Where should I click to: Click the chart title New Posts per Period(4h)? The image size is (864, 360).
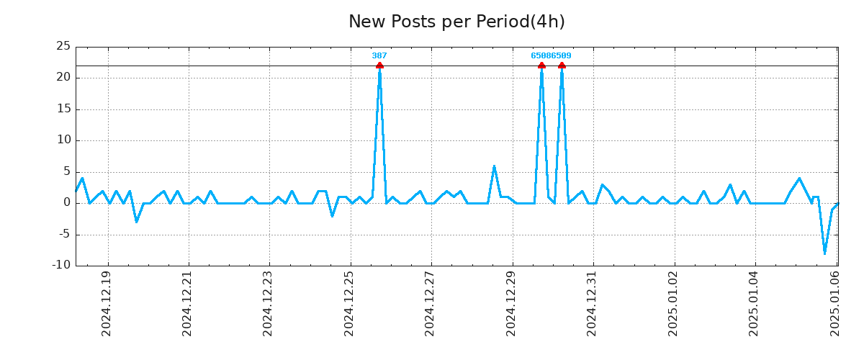456,22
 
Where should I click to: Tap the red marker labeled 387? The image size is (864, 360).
379,66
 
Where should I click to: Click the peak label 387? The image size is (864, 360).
379,55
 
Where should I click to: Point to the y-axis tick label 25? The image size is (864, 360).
63,47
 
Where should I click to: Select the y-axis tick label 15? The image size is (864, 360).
63,109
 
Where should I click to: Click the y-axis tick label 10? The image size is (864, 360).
63,140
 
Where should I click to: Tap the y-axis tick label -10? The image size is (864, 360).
62,265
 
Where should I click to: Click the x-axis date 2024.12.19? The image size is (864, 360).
107,304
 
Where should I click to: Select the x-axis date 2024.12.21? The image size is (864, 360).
187,304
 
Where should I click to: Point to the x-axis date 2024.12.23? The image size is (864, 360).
268,304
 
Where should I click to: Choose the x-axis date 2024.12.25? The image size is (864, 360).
349,304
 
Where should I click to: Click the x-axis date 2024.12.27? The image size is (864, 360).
430,304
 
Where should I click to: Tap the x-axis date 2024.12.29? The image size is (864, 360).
511,304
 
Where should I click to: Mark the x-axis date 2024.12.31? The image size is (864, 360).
592,304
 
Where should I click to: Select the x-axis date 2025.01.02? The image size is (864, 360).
673,304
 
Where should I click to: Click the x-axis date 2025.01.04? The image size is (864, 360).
754,304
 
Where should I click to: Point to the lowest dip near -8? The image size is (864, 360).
825,253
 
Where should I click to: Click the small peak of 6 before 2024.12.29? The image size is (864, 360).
494,166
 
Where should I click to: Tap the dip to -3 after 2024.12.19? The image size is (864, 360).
136,221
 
